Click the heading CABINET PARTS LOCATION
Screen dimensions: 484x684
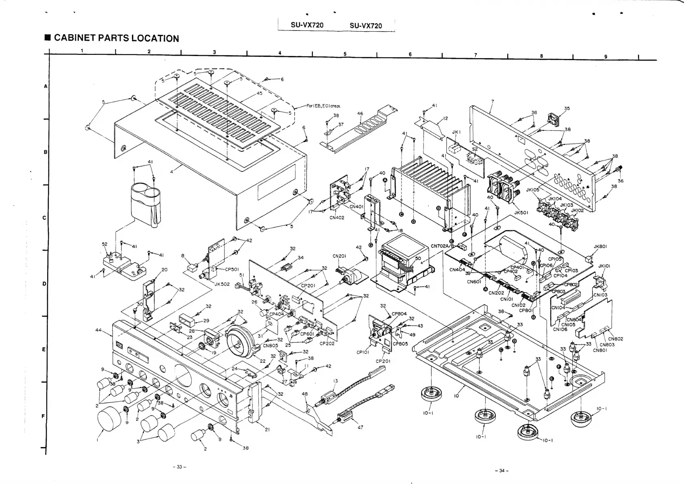[x=116, y=38]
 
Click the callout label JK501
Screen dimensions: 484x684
[x=521, y=212]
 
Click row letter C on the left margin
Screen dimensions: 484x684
[x=44, y=218]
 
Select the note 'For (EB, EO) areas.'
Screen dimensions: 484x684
[x=324, y=106]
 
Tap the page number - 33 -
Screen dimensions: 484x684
[x=179, y=467]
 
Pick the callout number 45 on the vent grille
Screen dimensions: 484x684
[x=259, y=93]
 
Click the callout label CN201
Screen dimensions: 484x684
[x=339, y=256]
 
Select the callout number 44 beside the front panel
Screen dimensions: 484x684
[x=99, y=330]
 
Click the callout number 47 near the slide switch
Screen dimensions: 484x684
[x=360, y=427]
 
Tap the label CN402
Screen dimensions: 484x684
[x=337, y=218]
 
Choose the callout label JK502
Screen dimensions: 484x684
[x=222, y=284]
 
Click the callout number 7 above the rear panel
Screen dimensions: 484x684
[x=492, y=100]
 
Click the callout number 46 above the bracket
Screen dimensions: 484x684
[x=360, y=114]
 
